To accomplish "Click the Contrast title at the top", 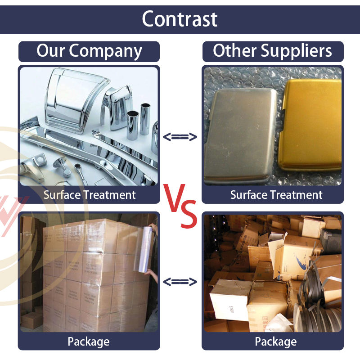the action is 180,19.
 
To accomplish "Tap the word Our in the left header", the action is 50,50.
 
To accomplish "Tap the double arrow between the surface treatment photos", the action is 180,137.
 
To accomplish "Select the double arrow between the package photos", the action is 180,282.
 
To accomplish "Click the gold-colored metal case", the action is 310,125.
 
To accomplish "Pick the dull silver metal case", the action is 240,135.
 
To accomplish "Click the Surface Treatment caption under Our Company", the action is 90,195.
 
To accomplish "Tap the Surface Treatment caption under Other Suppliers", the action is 276,195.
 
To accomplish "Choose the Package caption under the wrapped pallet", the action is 89,342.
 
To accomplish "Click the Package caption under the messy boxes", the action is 276,342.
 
